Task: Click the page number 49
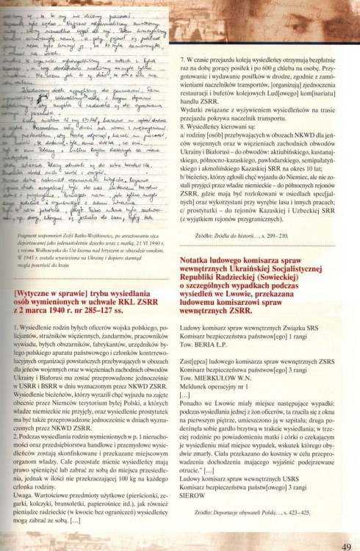click(x=346, y=544)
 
